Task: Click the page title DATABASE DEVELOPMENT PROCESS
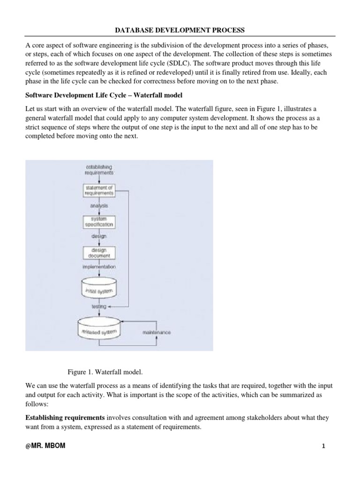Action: [x=180, y=30]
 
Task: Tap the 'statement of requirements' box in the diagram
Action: [x=99, y=190]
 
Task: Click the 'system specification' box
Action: [x=99, y=221]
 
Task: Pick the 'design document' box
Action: [x=99, y=253]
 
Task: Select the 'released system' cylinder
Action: [x=99, y=331]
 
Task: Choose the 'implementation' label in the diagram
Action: [x=99, y=267]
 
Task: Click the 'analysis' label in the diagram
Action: [x=99, y=205]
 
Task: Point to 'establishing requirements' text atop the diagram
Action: [x=99, y=169]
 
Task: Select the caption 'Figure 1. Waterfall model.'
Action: [x=105, y=372]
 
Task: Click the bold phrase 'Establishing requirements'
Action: [x=65, y=417]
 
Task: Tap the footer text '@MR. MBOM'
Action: [x=45, y=446]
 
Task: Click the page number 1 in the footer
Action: [x=323, y=446]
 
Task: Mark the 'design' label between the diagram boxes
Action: [x=99, y=236]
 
